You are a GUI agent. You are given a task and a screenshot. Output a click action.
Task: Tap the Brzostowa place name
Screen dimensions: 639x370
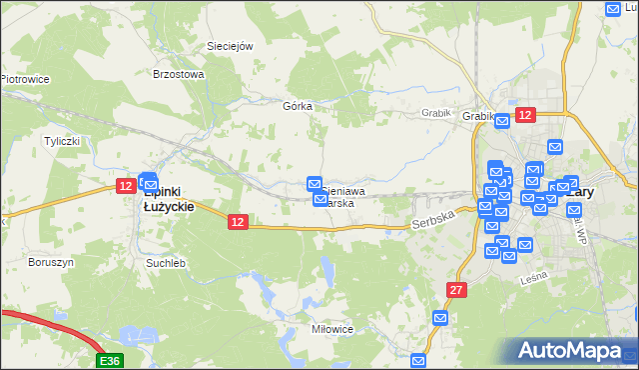click(x=178, y=74)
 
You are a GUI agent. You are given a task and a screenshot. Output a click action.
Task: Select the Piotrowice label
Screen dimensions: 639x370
click(x=25, y=79)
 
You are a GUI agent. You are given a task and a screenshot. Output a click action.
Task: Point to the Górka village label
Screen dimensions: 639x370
click(x=298, y=106)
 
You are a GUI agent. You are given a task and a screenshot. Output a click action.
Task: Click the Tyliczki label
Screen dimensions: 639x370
click(x=61, y=141)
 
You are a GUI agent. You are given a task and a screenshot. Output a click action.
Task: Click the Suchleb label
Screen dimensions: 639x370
click(x=166, y=263)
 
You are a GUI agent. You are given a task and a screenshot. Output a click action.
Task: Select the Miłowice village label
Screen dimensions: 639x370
click(x=330, y=328)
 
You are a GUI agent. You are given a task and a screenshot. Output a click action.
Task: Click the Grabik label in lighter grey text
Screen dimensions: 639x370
click(x=437, y=114)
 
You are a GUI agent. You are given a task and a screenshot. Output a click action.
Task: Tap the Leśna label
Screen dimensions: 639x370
click(x=534, y=281)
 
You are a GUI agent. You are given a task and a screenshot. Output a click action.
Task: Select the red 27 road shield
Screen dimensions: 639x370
click(x=456, y=289)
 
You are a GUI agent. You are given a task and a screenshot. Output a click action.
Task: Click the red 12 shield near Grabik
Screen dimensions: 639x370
click(x=525, y=116)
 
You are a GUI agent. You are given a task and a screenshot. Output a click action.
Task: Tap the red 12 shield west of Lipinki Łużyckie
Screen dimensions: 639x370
click(x=126, y=185)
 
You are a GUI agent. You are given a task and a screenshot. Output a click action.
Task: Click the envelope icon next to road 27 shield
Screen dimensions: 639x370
click(x=440, y=318)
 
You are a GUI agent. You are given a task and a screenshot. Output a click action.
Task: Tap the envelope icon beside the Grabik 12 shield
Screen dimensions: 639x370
click(x=502, y=121)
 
